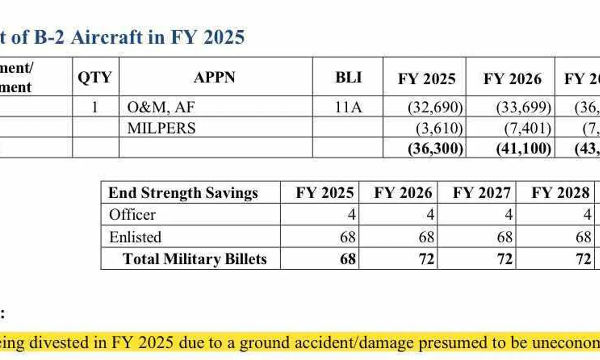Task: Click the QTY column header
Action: tap(95, 77)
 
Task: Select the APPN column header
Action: tap(215, 77)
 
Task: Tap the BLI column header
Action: tap(348, 77)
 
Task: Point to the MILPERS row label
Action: tap(161, 128)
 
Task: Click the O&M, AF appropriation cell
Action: tap(161, 107)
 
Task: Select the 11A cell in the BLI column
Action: tap(348, 107)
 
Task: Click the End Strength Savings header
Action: tap(183, 193)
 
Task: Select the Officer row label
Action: tap(132, 215)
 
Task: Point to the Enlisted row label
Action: tap(135, 237)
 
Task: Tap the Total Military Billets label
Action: tap(194, 259)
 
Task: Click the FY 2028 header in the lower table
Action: tap(560, 193)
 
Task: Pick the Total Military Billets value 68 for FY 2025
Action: tap(348, 259)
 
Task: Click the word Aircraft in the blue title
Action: tap(107, 37)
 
